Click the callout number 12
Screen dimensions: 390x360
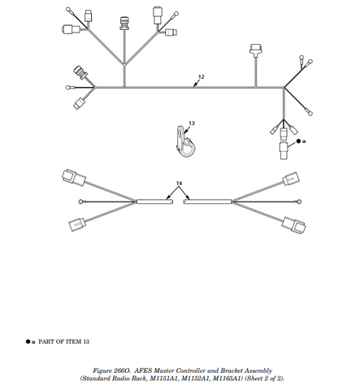(201, 77)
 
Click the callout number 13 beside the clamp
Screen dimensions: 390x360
(192, 123)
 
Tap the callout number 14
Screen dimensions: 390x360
(180, 184)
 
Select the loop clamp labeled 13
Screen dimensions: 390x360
(184, 144)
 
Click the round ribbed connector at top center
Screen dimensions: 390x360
(124, 21)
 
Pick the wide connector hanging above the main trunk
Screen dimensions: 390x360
(256, 51)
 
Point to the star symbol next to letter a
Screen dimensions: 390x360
(298, 141)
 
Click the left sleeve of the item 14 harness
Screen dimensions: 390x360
(155, 202)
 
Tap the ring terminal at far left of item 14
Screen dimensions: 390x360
(81, 201)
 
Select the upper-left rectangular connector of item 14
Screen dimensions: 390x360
(75, 175)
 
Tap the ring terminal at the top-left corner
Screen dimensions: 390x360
(71, 11)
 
